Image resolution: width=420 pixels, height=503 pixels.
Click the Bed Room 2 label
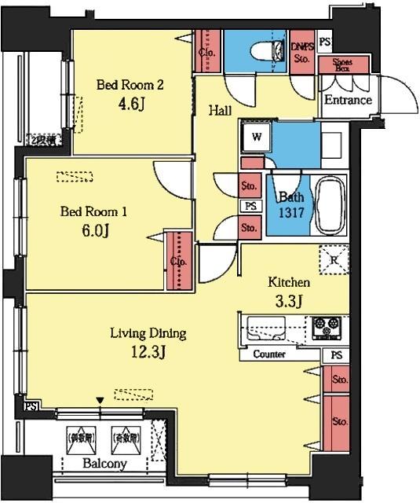130,84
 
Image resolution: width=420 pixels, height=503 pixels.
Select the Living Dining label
148,333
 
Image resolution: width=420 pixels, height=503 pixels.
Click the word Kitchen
289,282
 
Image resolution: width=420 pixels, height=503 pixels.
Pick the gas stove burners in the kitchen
326,327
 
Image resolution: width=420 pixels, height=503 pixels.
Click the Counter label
268,354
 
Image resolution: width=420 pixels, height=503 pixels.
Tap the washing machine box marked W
256,137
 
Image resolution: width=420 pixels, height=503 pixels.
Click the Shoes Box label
342,64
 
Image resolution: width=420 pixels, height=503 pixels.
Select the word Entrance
348,101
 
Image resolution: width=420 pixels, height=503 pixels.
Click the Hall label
219,111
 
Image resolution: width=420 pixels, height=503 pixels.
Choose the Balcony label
104,464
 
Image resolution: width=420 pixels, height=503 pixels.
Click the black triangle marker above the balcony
100,401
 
